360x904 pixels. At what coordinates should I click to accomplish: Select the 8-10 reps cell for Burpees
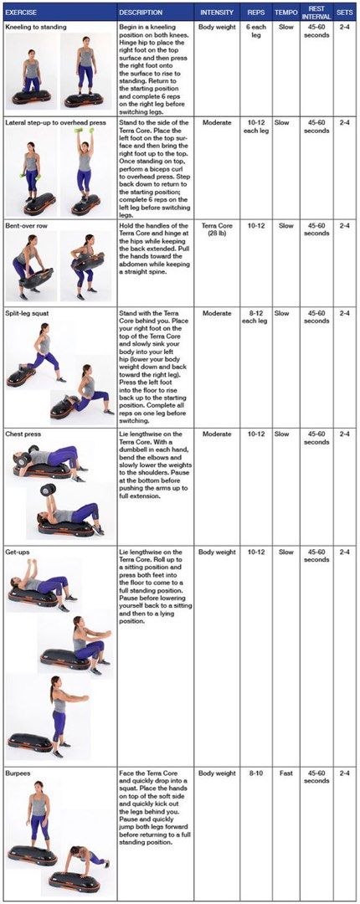point(255,773)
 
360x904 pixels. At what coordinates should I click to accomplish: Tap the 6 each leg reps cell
point(255,32)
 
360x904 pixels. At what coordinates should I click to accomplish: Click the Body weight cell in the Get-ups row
point(217,552)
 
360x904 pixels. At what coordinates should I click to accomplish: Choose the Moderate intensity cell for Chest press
point(217,434)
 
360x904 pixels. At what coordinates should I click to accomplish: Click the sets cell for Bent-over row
point(345,225)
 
